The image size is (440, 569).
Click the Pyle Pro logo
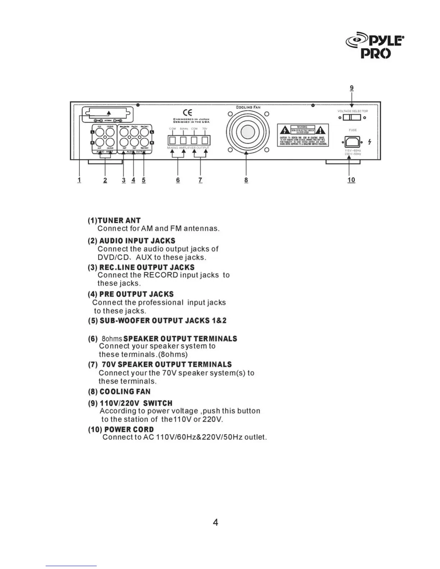coord(375,47)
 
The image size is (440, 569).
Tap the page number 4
coord(215,522)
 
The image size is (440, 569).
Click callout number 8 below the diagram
coord(246,180)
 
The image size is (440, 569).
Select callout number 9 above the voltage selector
coord(352,88)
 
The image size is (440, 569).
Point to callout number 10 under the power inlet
coord(351,180)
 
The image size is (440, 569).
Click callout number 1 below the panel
coord(79,180)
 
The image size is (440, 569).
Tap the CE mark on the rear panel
coord(187,113)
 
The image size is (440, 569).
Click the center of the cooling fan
coord(246,132)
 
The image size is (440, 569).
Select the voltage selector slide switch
coord(352,117)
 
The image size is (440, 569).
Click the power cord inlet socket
coord(352,142)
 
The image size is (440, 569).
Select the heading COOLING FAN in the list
coord(125,392)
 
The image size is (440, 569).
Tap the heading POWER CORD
coord(129,429)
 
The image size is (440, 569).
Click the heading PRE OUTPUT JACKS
coord(136,294)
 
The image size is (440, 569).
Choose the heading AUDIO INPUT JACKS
coord(137,241)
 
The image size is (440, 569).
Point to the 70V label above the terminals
coord(205,129)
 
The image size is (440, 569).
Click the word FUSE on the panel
coord(353,130)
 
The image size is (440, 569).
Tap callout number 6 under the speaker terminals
coord(178,180)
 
